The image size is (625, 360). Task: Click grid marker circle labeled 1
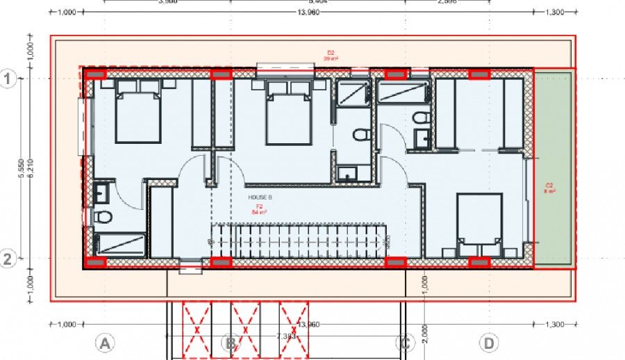pos(8,79)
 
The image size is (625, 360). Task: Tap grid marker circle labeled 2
pos(8,259)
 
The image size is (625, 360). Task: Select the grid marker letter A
pos(104,343)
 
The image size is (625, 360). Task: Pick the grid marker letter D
pos(490,343)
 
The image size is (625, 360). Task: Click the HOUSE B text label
pos(260,197)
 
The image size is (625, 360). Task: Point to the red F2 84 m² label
pos(260,208)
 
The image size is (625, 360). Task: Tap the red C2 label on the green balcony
pos(549,188)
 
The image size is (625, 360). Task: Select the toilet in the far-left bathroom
pos(103,218)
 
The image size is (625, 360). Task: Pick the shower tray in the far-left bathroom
pos(120,244)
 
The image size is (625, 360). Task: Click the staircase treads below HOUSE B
pos(299,240)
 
